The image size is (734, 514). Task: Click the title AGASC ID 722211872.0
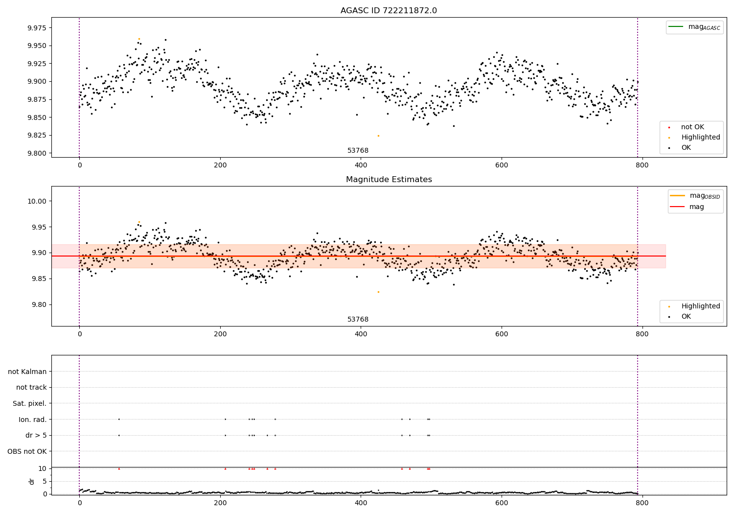[x=389, y=11]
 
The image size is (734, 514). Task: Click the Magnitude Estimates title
[x=389, y=180]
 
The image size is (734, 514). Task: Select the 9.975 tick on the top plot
[x=37, y=28]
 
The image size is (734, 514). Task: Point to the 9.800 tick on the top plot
[x=37, y=153]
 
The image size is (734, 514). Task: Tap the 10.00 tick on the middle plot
[x=37, y=201]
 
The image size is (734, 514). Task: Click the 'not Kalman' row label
[x=27, y=372]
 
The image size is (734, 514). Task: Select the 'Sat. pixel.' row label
[x=29, y=403]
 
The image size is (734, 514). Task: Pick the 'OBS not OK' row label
[x=27, y=451]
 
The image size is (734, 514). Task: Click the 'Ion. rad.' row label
[x=32, y=420]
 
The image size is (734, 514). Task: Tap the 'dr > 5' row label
[x=36, y=435]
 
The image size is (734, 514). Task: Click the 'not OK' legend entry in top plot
[x=692, y=127]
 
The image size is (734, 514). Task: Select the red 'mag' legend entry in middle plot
[x=696, y=207]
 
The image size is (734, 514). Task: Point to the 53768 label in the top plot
[x=358, y=151]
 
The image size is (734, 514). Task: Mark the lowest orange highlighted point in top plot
[x=378, y=136]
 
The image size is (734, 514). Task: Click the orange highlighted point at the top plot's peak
[x=139, y=39]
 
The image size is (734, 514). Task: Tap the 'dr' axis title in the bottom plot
[x=32, y=481]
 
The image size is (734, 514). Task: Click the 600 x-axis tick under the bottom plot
[x=502, y=502]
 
